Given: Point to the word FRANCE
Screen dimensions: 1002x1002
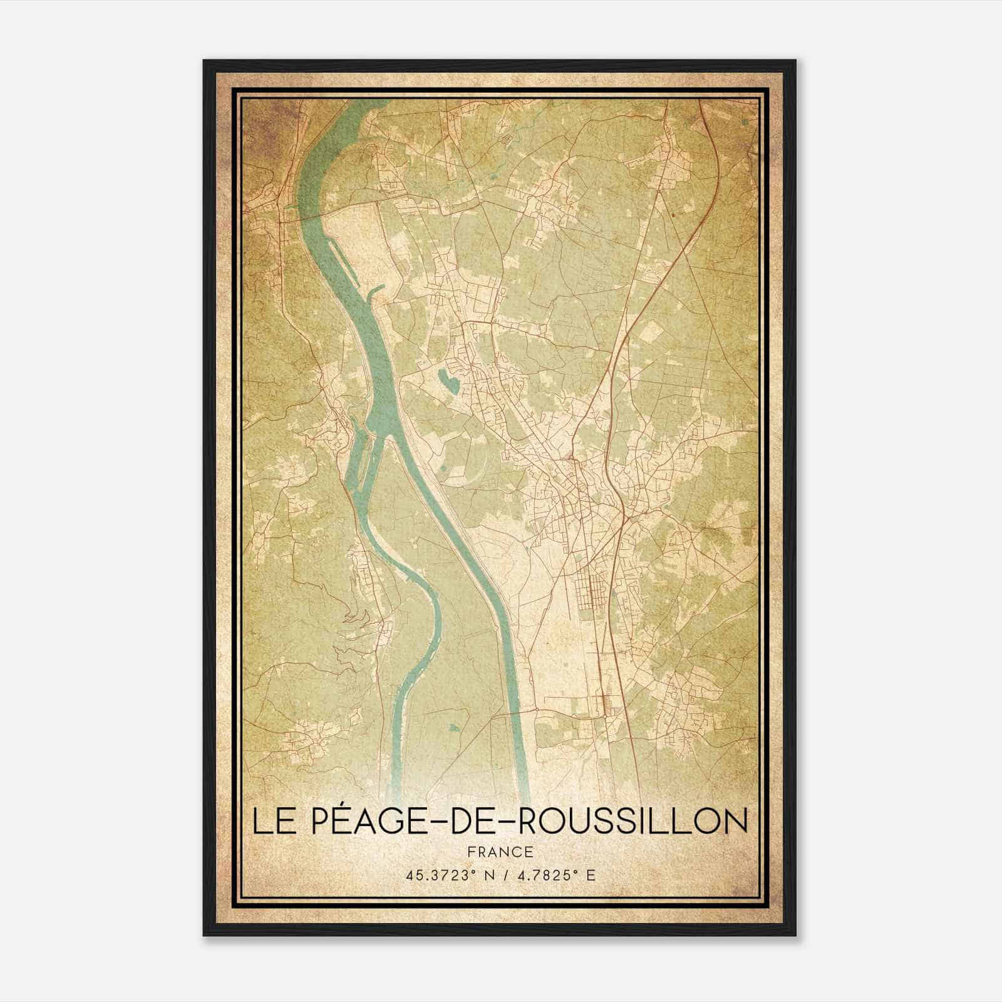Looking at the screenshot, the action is pyautogui.click(x=500, y=852).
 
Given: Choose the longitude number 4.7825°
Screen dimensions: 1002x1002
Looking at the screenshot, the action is pyautogui.click(x=544, y=875).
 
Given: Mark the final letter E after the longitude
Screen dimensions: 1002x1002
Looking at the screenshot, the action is pyautogui.click(x=591, y=875).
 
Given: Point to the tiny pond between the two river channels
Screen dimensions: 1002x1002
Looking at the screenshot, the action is pyautogui.click(x=453, y=728).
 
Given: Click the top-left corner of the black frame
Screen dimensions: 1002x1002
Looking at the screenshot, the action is pyautogui.click(x=205, y=61).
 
